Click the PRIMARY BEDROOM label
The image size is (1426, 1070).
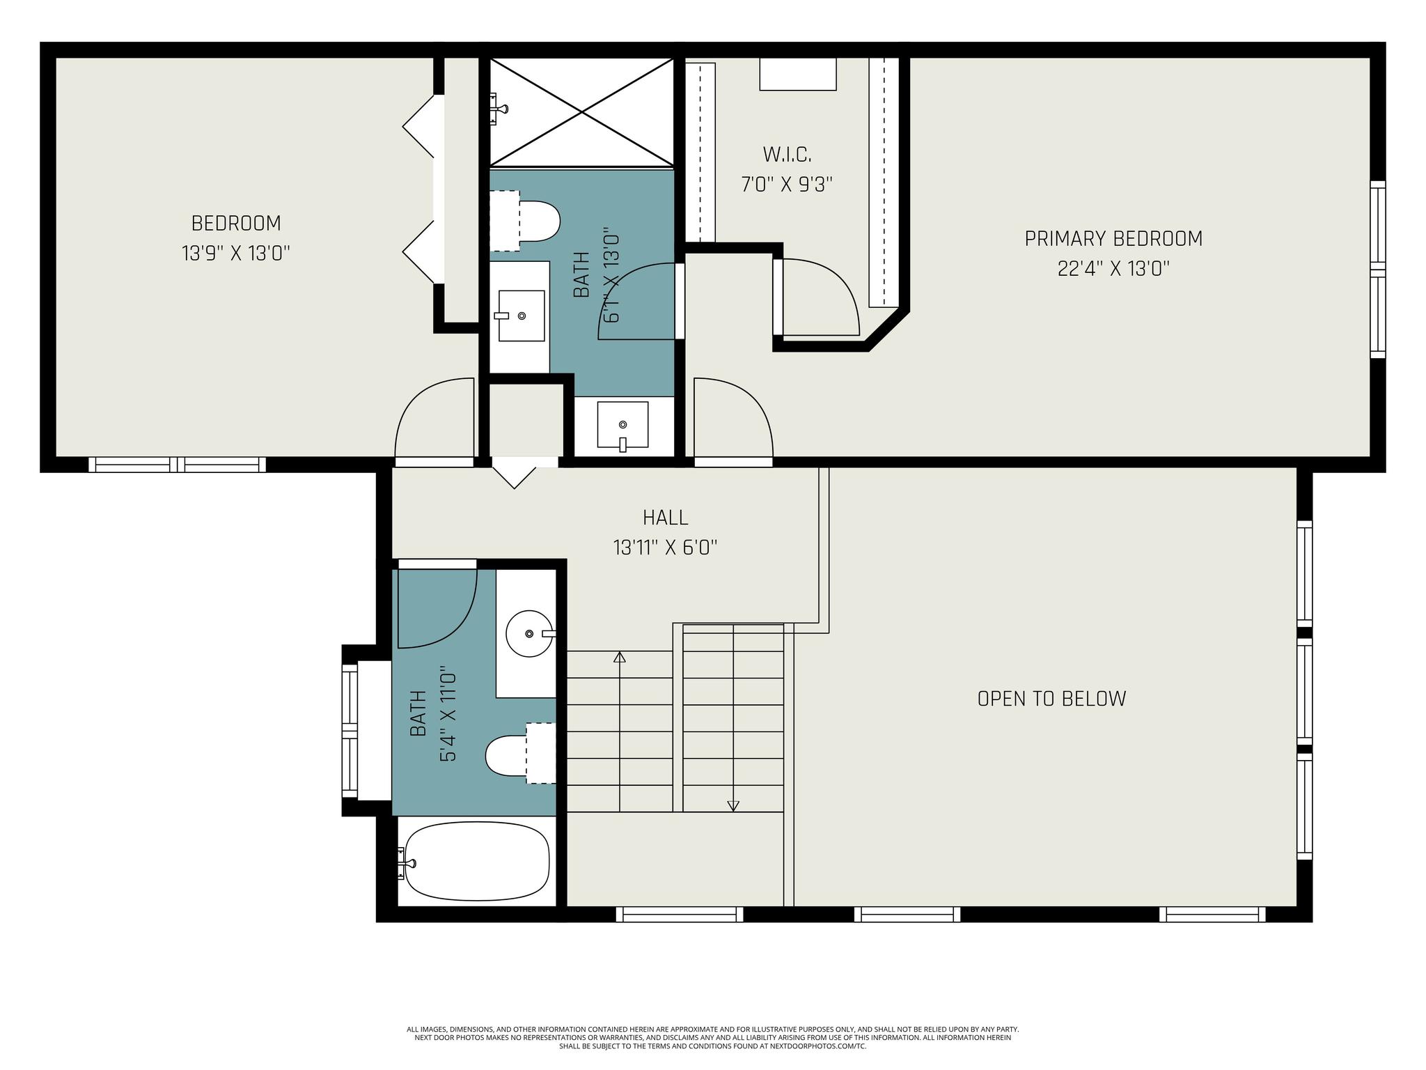click(1113, 239)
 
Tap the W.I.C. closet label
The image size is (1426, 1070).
click(787, 154)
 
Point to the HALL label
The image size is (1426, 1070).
click(666, 518)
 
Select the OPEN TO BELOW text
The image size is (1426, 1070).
click(1051, 699)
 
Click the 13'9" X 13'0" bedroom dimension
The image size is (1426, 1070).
click(236, 253)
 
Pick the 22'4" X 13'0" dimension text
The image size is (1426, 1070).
click(1113, 269)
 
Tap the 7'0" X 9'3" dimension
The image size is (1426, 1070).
click(787, 185)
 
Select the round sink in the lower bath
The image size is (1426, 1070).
click(529, 633)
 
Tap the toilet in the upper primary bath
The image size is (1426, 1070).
click(525, 221)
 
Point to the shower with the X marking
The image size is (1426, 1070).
click(581, 112)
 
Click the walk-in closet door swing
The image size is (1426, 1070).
click(820, 297)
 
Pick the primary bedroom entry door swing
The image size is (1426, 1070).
click(733, 421)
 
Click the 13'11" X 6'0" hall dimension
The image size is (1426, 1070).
click(666, 548)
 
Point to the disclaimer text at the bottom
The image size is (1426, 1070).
click(712, 1037)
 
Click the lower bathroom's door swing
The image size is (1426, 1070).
click(437, 604)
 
